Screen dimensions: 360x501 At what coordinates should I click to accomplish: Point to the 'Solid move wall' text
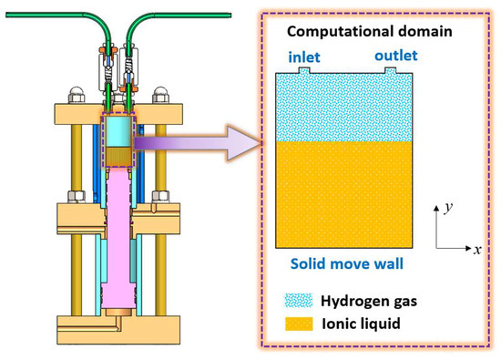coord(348,264)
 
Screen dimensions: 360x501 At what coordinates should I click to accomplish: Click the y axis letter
coord(449,208)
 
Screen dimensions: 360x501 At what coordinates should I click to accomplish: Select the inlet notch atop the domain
coord(302,70)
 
